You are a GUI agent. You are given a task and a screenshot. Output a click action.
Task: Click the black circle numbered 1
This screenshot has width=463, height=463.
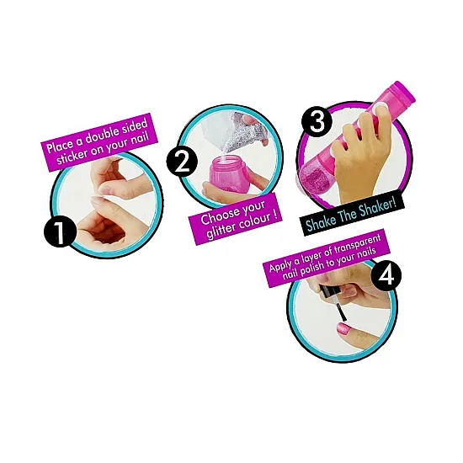tap(60, 232)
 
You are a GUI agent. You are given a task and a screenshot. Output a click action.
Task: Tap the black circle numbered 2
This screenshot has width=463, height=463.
tap(182, 162)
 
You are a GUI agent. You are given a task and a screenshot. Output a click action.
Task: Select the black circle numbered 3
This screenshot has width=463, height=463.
tap(317, 120)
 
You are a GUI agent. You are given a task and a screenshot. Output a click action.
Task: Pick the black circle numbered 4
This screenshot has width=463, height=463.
tap(386, 275)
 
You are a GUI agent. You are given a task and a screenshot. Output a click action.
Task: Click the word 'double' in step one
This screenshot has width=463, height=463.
tap(102, 135)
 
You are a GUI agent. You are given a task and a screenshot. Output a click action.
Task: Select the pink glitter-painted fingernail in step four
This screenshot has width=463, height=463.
tap(343, 328)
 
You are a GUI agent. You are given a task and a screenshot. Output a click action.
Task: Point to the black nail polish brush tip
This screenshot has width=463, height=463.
tap(343, 316)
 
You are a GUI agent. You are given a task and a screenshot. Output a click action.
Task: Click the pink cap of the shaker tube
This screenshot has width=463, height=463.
tap(402, 93)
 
